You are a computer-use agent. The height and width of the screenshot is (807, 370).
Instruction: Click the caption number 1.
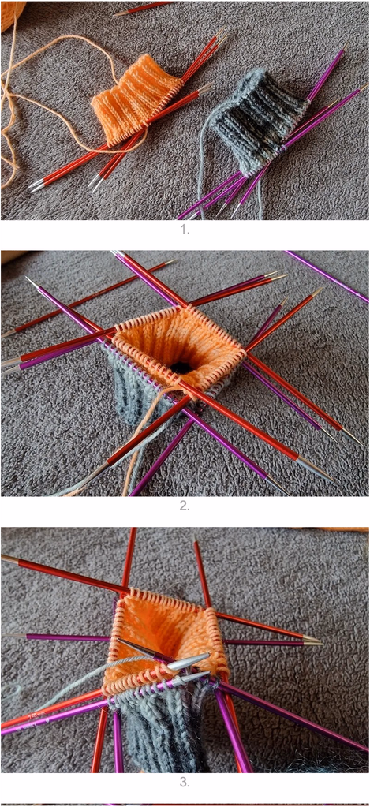click(x=185, y=230)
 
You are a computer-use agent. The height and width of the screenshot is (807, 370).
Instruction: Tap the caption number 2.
click(x=185, y=506)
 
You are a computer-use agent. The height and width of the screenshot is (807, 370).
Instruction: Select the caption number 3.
click(x=185, y=783)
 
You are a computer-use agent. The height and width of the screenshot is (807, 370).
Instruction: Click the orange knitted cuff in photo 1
click(x=136, y=97)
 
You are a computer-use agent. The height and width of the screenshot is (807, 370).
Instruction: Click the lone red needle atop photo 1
click(x=143, y=8)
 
